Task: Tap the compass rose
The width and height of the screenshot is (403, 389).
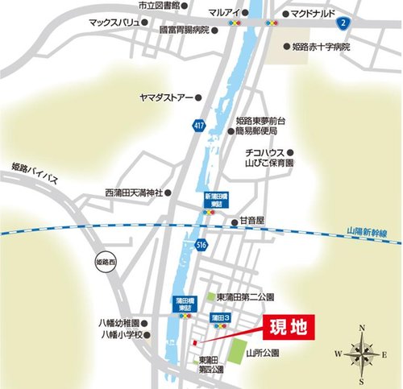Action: pyautogui.click(x=360, y=352)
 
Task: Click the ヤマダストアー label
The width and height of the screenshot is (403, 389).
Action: pyautogui.click(x=164, y=96)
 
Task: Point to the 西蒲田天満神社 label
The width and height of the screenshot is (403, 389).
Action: pyautogui.click(x=134, y=193)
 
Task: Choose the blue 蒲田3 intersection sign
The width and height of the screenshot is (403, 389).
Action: pyautogui.click(x=221, y=319)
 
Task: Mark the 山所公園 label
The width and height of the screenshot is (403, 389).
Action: pyautogui.click(x=263, y=352)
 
